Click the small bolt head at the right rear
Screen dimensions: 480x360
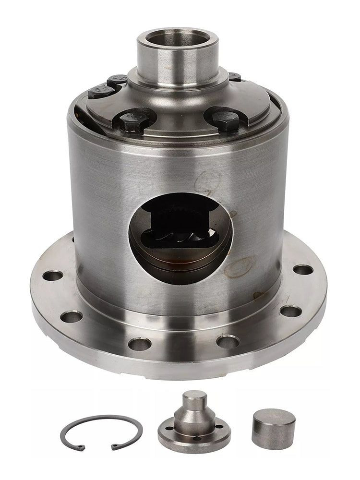click(x=234, y=76)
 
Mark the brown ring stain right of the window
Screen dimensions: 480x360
click(x=239, y=267)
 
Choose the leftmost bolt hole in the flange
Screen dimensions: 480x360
click(x=53, y=276)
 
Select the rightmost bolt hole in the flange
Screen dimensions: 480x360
click(x=303, y=269)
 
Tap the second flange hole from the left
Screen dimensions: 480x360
click(x=72, y=317)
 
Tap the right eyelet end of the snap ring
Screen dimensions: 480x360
click(x=114, y=446)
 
